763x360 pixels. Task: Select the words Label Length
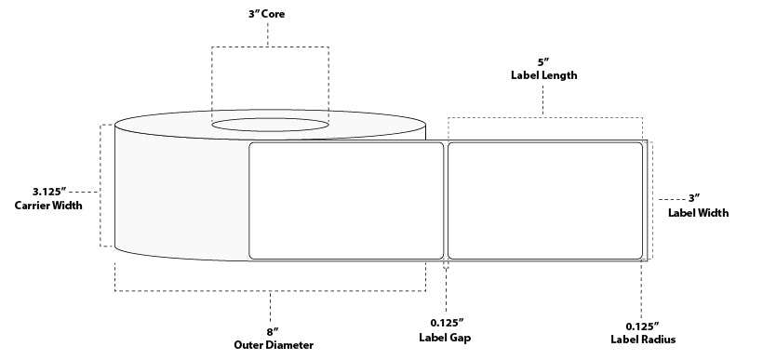tap(544, 76)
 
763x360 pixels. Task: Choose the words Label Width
tap(698, 213)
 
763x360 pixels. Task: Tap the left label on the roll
tap(346, 199)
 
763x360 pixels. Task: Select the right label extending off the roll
tap(545, 199)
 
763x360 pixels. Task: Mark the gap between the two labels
tap(446, 199)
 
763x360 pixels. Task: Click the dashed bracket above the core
tap(269, 46)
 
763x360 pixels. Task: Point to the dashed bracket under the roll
tap(270, 291)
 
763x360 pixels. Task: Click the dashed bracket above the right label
tap(545, 117)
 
